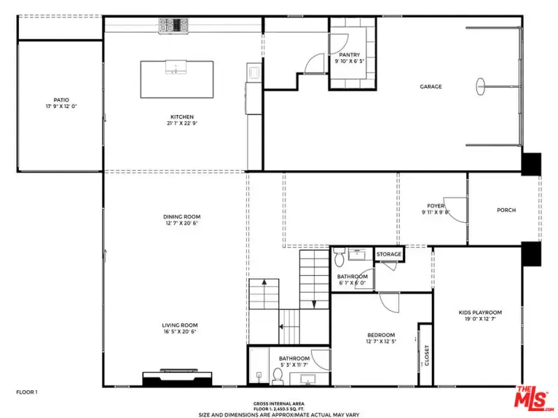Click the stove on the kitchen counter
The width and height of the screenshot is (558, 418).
click(173, 26)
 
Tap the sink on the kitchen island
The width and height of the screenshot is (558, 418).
click(176, 67)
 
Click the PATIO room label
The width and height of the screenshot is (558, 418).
click(61, 100)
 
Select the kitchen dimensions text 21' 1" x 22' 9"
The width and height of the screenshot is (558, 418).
click(182, 123)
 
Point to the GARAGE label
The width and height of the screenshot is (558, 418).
click(430, 86)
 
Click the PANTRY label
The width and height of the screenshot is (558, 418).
click(349, 55)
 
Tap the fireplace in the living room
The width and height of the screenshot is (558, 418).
click(177, 378)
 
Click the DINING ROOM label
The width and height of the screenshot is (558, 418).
click(181, 217)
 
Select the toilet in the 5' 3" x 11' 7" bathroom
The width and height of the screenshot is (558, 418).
click(278, 376)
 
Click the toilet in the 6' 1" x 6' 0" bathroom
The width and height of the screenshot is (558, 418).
click(339, 257)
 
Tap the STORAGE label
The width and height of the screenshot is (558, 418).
click(389, 254)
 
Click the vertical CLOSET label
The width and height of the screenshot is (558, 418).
click(427, 355)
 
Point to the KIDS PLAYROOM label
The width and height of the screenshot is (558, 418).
click(480, 312)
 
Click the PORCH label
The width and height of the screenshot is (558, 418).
click(506, 210)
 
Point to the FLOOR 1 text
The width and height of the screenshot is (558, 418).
click(27, 392)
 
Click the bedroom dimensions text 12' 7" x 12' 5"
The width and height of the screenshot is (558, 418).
click(381, 341)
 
